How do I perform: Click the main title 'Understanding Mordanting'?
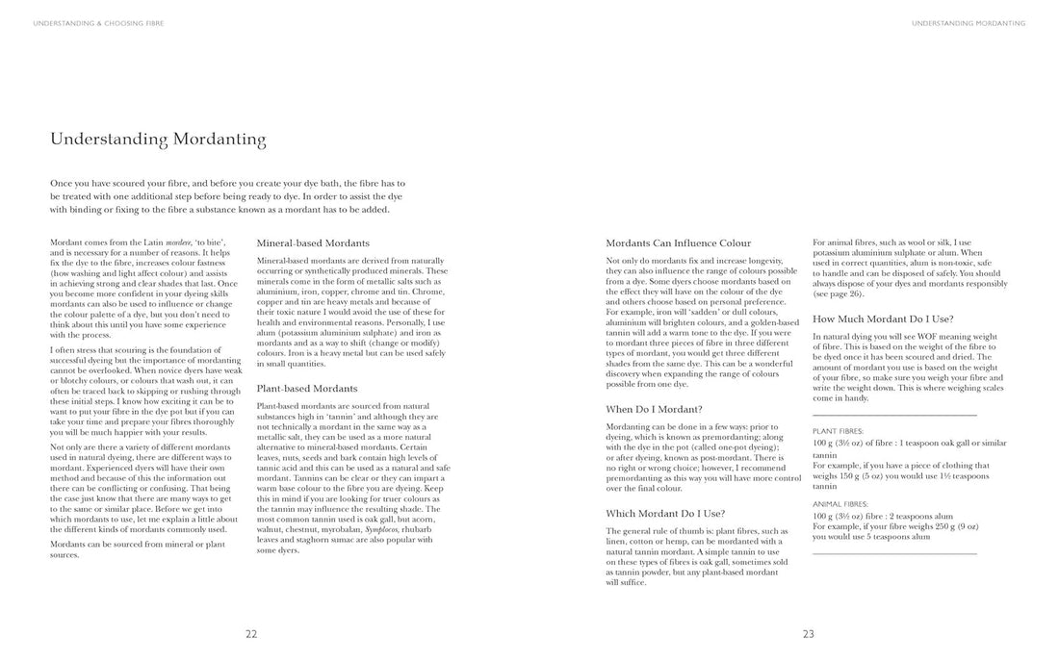click(x=158, y=140)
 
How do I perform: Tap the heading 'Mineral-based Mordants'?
click(x=313, y=243)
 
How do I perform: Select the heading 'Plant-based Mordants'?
click(x=307, y=389)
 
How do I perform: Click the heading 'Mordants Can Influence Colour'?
click(x=678, y=243)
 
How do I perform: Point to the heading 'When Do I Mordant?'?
click(x=654, y=409)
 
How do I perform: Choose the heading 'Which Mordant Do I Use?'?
click(x=665, y=513)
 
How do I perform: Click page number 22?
click(x=251, y=633)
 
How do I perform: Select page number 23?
click(x=809, y=633)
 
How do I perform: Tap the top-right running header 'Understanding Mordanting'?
click(x=968, y=23)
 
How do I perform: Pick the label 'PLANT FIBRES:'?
click(x=838, y=431)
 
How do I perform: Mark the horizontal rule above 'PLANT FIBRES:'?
click(x=894, y=415)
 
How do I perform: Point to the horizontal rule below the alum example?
click(x=894, y=553)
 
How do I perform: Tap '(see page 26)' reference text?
click(x=841, y=294)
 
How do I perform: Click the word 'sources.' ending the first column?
click(x=65, y=555)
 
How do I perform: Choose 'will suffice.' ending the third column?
click(x=626, y=582)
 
